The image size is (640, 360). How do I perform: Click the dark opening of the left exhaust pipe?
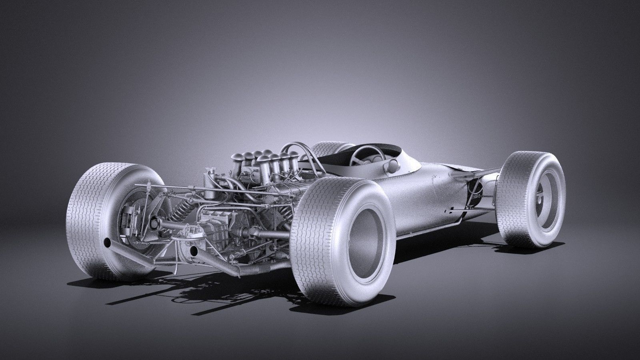[x=107, y=243]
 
